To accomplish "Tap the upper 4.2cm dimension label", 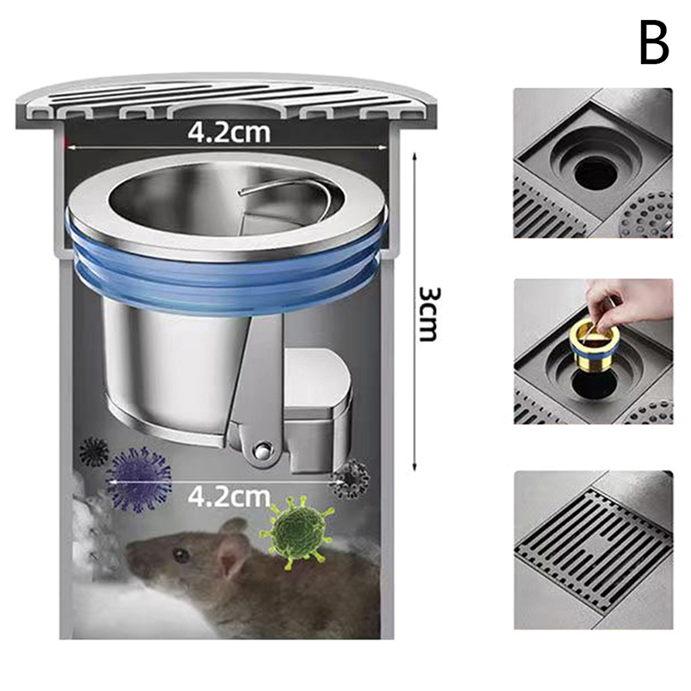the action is (x=229, y=132).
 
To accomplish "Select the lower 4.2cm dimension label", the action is (x=229, y=496).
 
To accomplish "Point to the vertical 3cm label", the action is (x=428, y=314).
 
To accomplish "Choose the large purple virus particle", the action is (x=139, y=479).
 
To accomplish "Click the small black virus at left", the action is (x=93, y=452).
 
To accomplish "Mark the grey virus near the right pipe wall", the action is (x=352, y=480).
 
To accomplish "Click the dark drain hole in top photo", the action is (x=596, y=170).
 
